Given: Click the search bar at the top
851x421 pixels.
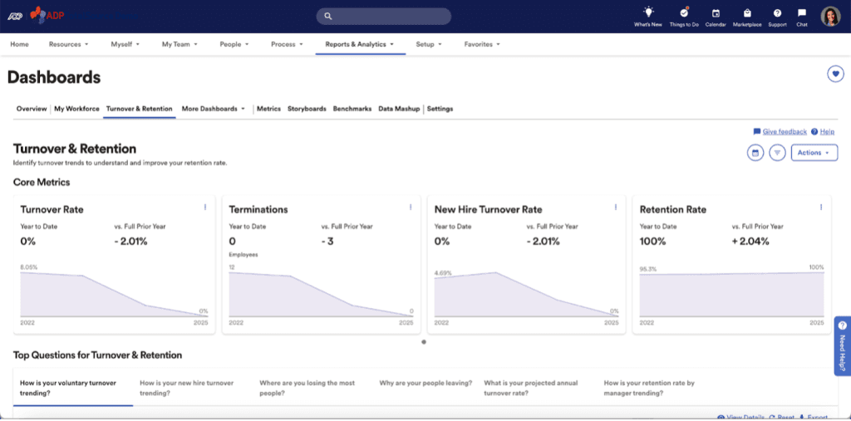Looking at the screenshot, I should [383, 16].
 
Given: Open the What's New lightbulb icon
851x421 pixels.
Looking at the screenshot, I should [648, 12].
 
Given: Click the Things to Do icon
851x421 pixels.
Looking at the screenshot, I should [683, 12].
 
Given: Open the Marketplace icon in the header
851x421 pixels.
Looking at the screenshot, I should [746, 13].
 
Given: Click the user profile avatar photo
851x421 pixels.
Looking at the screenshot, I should [830, 16].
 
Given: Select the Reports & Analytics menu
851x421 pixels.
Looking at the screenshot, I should [360, 44].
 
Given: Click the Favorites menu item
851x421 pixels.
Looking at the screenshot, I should [481, 44].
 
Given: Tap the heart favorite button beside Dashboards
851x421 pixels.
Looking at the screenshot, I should [835, 74].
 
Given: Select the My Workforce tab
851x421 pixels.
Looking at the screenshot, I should [76, 109].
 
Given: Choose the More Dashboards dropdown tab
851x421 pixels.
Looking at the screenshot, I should [213, 109].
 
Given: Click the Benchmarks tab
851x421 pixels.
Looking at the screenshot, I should [352, 109].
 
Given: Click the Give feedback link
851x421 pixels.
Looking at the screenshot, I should [785, 131].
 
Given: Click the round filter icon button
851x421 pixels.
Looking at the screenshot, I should [778, 153].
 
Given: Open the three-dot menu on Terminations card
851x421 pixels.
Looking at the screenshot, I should [410, 207].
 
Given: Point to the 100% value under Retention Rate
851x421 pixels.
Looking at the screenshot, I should [652, 242].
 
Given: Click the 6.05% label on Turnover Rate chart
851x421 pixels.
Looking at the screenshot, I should [28, 267].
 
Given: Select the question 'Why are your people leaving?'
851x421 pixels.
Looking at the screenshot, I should [425, 383].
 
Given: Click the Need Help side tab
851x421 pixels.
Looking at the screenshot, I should [842, 345].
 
